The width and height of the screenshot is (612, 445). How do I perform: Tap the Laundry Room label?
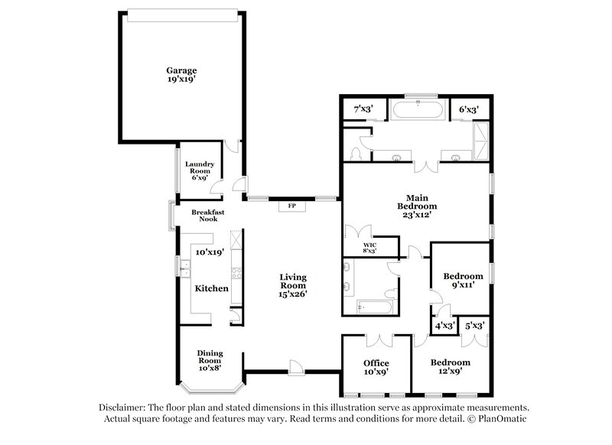[199, 170]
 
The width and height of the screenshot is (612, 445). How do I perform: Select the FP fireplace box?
[291, 206]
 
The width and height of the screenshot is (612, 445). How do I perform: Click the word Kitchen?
[211, 288]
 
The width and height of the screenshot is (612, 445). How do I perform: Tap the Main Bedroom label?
[417, 205]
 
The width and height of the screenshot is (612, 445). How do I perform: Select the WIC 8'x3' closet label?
[370, 247]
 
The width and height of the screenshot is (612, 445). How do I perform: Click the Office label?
[376, 367]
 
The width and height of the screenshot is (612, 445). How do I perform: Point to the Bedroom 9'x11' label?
[464, 280]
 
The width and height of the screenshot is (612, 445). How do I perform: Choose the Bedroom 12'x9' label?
[449, 367]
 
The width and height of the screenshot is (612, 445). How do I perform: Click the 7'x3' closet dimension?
[362, 109]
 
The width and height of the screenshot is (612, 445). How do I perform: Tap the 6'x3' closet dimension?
[468, 109]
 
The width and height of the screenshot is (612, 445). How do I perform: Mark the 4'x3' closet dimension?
[444, 326]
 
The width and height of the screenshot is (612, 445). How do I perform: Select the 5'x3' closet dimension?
[475, 326]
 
